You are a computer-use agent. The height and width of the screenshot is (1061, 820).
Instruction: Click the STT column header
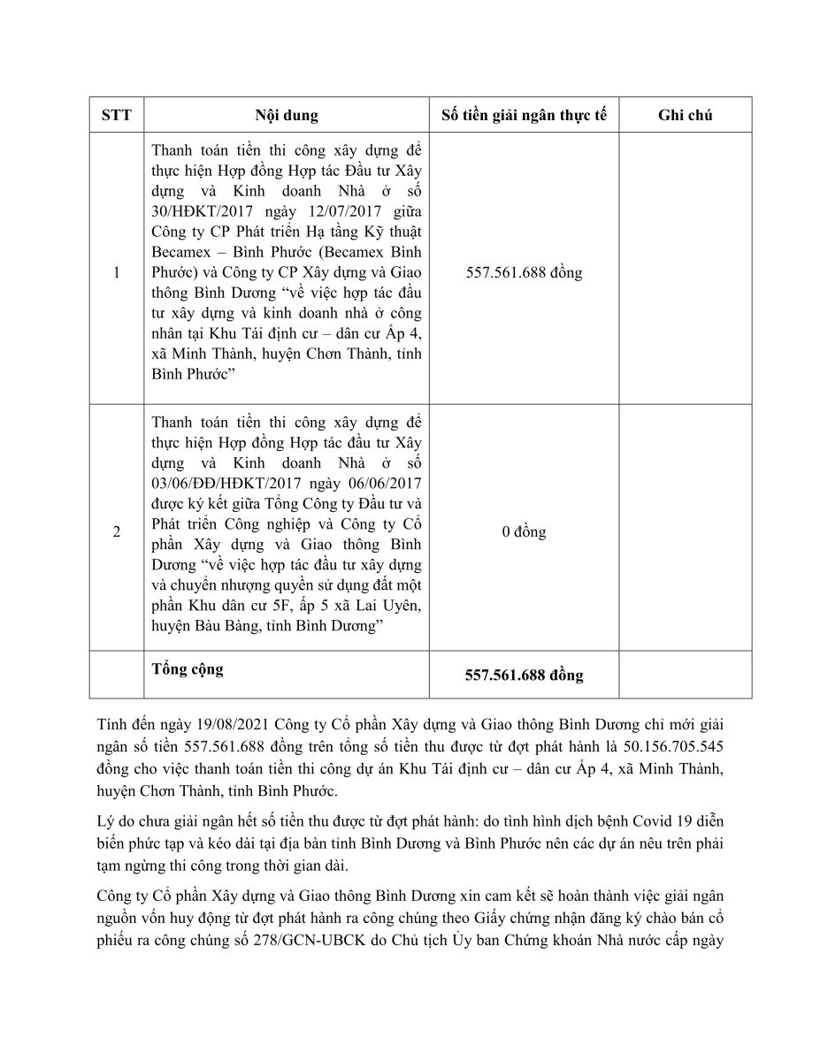tap(116, 115)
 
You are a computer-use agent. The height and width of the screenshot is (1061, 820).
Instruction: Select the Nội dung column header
tap(287, 115)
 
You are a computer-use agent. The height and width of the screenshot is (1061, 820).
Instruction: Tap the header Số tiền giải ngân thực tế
tap(524, 115)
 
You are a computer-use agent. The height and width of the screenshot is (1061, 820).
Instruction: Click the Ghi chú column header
tap(686, 115)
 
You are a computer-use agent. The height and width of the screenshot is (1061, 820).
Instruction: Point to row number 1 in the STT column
tap(116, 272)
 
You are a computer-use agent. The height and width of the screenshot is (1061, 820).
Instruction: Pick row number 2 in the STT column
tap(116, 532)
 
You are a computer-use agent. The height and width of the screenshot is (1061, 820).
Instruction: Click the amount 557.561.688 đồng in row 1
tap(524, 272)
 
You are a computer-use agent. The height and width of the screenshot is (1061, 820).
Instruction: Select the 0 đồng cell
tap(524, 532)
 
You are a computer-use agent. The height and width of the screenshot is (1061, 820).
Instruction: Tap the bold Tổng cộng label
tap(188, 669)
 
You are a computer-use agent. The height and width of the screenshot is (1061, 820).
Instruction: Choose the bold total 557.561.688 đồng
tap(524, 676)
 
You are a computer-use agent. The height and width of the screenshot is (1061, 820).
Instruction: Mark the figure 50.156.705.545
tap(671, 747)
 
